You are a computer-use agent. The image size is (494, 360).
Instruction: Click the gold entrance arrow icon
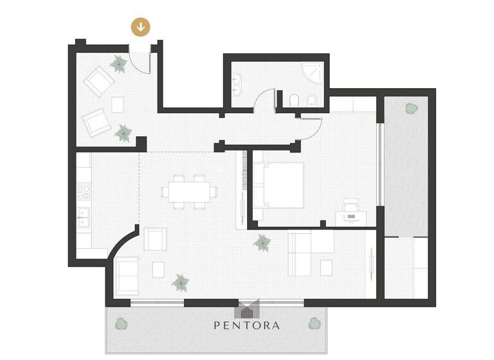[141, 27]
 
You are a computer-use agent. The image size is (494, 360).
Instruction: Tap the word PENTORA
[247, 325]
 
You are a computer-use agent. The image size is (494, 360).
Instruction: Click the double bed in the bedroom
[279, 184]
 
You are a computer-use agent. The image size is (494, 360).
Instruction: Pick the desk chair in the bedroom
[351, 204]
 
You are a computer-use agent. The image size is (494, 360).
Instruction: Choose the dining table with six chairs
[189, 191]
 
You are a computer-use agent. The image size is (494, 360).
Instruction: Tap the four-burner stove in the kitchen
[84, 192]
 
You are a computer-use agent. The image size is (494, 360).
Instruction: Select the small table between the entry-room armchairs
[118, 104]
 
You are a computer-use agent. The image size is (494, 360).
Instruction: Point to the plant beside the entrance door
[118, 64]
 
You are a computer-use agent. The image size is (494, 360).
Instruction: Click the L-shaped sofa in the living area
[310, 253]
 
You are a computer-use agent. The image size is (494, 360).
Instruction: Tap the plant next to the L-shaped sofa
[262, 242]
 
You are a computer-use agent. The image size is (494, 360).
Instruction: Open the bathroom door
[264, 103]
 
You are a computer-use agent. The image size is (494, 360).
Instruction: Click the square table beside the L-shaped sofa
[326, 267]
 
